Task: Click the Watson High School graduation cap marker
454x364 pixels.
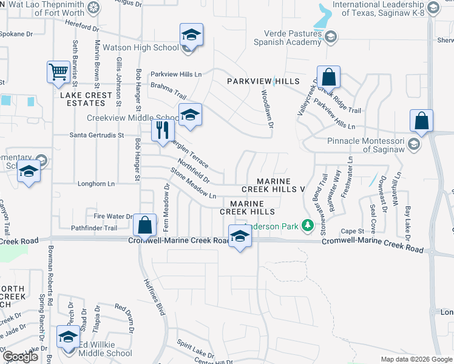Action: coord(191,35)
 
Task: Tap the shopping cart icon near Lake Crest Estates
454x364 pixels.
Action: coord(59,72)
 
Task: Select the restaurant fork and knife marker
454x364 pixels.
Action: coord(163,130)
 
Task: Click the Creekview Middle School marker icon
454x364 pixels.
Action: coord(190,114)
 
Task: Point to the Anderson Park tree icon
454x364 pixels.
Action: coord(308,226)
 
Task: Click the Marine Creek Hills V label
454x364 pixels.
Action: coord(280,186)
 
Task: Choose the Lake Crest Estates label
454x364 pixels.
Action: coord(86,99)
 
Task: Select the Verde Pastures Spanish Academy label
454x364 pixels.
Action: coord(292,38)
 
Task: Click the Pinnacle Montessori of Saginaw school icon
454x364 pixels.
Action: coord(414,144)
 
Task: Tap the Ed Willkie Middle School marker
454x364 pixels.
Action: coord(68,337)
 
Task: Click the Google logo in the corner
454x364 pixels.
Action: coord(19,357)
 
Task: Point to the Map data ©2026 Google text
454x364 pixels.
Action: coord(416,359)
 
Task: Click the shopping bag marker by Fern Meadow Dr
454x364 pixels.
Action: coord(145,225)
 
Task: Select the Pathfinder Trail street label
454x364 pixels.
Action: coord(93,228)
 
